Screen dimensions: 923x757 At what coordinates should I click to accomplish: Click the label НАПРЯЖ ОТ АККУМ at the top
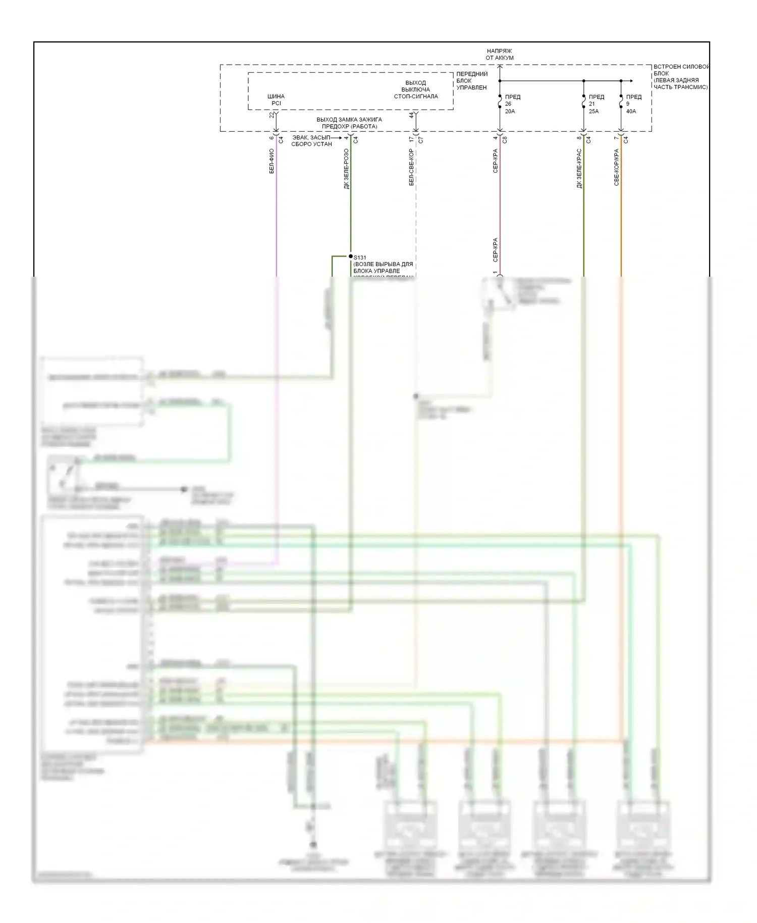(499, 55)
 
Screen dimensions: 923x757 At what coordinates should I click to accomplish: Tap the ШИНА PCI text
(276, 99)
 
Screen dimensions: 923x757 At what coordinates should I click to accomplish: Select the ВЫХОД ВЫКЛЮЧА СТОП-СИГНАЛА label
(415, 89)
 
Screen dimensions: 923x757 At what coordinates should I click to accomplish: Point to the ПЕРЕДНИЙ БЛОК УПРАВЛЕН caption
(472, 81)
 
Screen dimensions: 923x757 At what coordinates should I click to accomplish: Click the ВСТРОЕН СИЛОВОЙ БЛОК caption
(681, 77)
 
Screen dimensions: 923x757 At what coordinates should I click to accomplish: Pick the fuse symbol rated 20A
(500, 104)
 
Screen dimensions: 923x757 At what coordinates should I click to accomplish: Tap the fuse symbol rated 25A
(584, 104)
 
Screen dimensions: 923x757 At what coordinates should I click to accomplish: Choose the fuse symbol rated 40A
(621, 104)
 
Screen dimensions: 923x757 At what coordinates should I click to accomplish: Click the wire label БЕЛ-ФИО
(272, 162)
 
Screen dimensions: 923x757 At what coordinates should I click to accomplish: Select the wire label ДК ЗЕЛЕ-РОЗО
(346, 169)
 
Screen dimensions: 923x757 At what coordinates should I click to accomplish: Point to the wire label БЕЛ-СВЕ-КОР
(411, 167)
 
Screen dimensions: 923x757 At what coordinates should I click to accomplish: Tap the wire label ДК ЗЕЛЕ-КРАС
(579, 169)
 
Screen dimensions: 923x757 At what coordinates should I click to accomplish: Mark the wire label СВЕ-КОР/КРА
(617, 167)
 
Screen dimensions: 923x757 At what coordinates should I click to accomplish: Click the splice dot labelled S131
(351, 257)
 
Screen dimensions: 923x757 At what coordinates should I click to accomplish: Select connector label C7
(420, 140)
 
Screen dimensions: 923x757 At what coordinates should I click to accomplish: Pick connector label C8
(505, 140)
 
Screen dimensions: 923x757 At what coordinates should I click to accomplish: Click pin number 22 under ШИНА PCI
(272, 115)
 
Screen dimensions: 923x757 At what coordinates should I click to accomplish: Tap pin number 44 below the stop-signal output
(411, 115)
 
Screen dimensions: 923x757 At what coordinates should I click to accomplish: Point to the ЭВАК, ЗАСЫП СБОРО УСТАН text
(311, 141)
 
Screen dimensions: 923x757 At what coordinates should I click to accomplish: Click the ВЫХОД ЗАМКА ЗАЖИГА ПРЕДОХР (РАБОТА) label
(349, 123)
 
